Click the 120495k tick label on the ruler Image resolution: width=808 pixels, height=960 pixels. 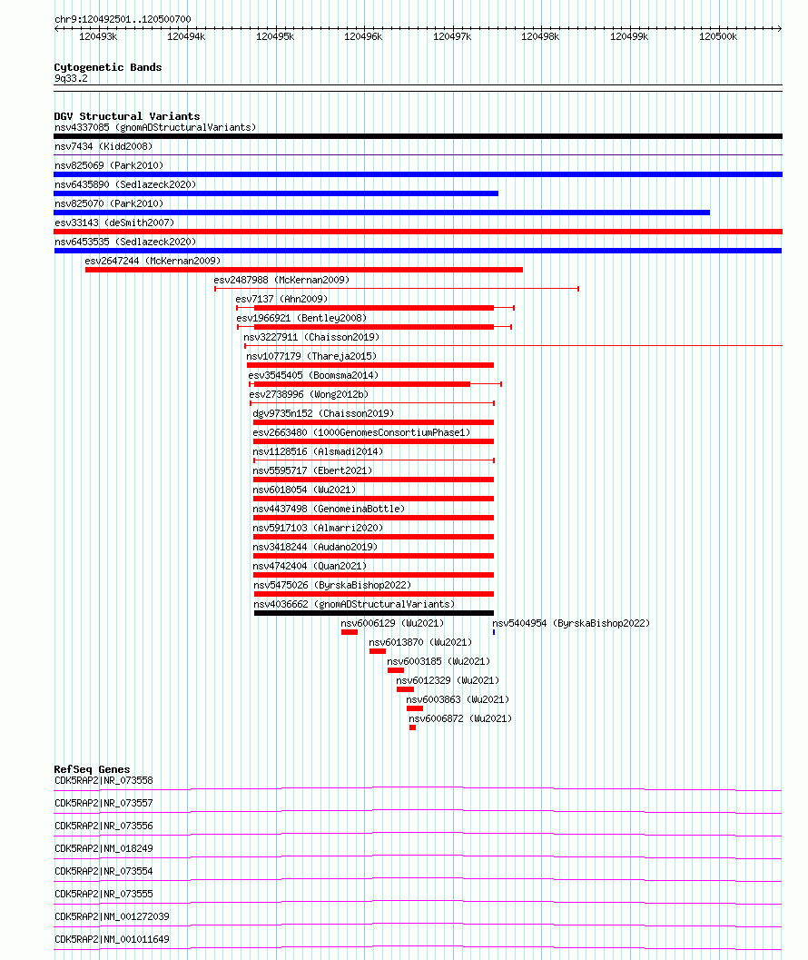(x=275, y=36)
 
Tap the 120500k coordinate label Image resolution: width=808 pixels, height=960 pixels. (x=718, y=36)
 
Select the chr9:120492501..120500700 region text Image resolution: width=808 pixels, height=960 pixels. (x=123, y=20)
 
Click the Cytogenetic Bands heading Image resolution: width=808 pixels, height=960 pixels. (x=108, y=67)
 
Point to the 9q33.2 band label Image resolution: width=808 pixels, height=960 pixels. (x=71, y=78)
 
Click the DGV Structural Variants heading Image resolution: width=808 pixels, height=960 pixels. (x=127, y=116)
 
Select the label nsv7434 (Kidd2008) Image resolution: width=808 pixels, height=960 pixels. (x=103, y=146)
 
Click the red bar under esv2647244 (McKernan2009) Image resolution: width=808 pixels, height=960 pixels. (x=304, y=270)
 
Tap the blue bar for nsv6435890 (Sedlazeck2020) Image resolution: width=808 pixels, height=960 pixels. (x=276, y=193)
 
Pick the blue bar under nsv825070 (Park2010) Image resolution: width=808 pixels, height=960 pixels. (x=382, y=213)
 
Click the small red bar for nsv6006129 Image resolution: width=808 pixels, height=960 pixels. (x=350, y=632)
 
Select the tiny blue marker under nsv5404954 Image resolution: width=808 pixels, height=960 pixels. (x=494, y=632)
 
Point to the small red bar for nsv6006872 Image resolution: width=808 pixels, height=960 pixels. (x=412, y=727)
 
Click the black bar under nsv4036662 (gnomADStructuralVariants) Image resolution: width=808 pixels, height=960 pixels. (x=374, y=613)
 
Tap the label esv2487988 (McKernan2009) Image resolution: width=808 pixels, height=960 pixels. (x=281, y=280)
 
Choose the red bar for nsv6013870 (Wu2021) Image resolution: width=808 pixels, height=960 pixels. (x=378, y=651)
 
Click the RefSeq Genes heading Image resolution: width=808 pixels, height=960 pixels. (x=92, y=769)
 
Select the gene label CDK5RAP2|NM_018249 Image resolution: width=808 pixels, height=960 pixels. (x=103, y=848)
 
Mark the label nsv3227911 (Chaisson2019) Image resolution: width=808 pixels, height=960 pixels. (x=311, y=337)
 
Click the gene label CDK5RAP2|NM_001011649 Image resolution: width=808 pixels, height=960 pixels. (x=112, y=939)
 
